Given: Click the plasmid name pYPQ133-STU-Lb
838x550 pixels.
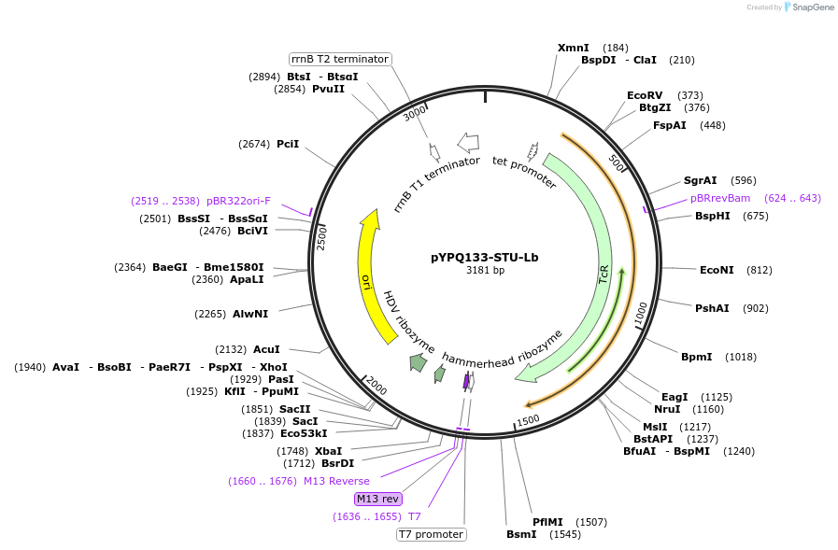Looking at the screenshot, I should coord(484,257).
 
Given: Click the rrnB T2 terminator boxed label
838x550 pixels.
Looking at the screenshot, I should coord(340,59).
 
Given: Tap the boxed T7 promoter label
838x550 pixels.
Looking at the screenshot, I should coord(431,534).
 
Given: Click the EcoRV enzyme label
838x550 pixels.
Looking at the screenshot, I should coord(645,95).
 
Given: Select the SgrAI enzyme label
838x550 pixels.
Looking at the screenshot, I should coord(700,180).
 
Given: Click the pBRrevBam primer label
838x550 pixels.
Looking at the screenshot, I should coord(720,198).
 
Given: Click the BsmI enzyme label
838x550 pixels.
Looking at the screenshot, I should coord(521,534).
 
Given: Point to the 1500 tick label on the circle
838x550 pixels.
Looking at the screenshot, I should coord(528,420).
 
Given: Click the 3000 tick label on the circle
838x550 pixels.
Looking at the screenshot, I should coord(415,115).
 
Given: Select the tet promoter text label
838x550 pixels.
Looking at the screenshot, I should coord(524,173).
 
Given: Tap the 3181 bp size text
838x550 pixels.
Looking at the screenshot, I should coord(485,271).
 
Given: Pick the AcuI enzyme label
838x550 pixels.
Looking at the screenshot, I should coord(266,349).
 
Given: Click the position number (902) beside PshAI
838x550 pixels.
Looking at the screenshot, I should coord(756,308).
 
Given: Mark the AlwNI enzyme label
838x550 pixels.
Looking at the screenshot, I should coord(250,314).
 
